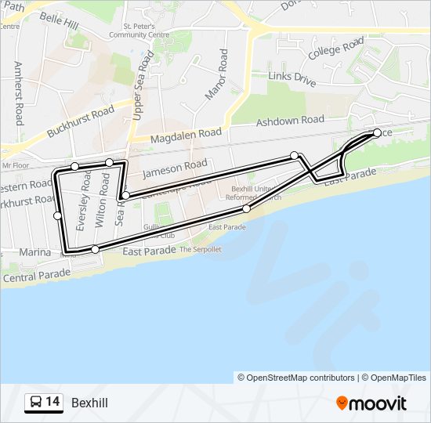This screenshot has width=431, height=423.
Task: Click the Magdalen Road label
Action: tap(187, 135)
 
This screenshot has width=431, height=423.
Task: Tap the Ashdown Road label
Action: tap(290, 121)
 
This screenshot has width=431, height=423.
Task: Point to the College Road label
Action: tap(336, 49)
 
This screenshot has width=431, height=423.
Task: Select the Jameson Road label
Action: tap(176, 167)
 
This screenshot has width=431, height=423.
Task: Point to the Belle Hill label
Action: tap(60, 21)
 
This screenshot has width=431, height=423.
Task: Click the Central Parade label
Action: tap(37, 276)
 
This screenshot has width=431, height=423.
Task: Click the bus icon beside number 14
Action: tap(36, 403)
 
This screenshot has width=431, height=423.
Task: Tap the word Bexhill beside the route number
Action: tap(89, 403)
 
